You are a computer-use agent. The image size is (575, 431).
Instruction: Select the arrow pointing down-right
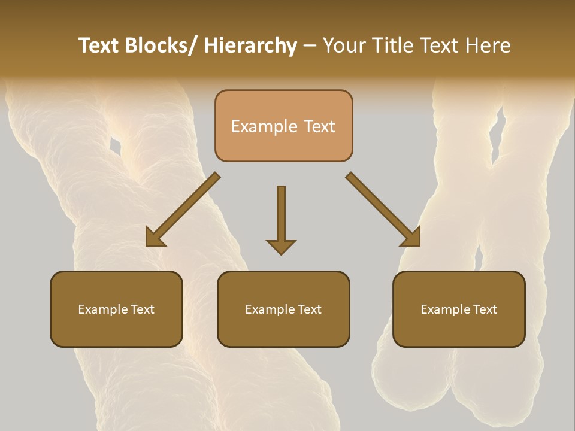click(383, 210)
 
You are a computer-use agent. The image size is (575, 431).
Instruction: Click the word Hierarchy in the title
click(250, 45)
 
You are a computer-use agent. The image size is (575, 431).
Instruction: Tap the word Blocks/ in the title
click(159, 45)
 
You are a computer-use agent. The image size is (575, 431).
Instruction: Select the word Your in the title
click(344, 45)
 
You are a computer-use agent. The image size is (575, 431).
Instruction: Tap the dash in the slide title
click(310, 46)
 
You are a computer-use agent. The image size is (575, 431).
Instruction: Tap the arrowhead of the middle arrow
click(281, 247)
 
